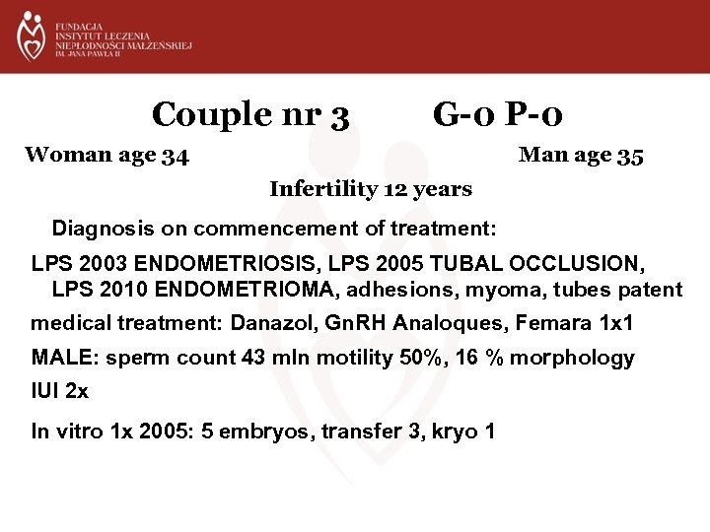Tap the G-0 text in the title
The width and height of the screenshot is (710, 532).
click(x=463, y=116)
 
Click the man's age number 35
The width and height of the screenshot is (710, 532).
click(x=630, y=155)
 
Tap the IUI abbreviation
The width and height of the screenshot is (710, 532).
click(x=47, y=391)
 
